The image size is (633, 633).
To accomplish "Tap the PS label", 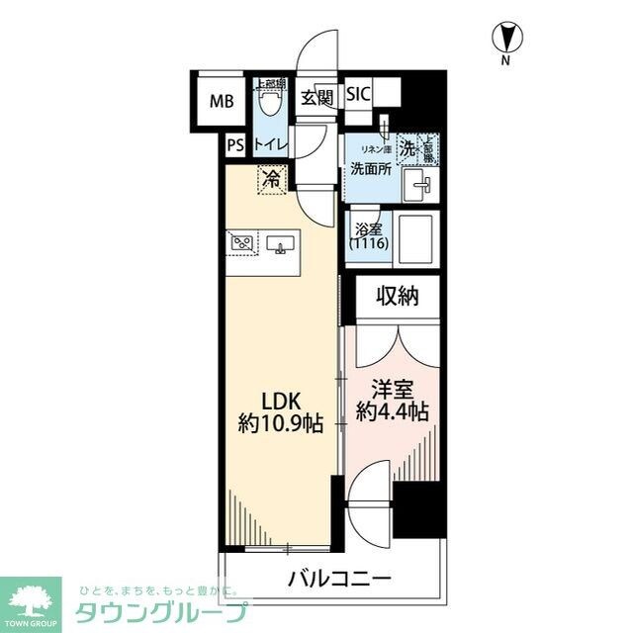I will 234,145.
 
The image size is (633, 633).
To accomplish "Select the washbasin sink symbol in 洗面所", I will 421,181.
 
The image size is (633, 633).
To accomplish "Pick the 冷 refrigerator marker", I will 270,179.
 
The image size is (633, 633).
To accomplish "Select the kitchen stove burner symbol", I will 241,242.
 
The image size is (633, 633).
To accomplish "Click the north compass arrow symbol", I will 506,39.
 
